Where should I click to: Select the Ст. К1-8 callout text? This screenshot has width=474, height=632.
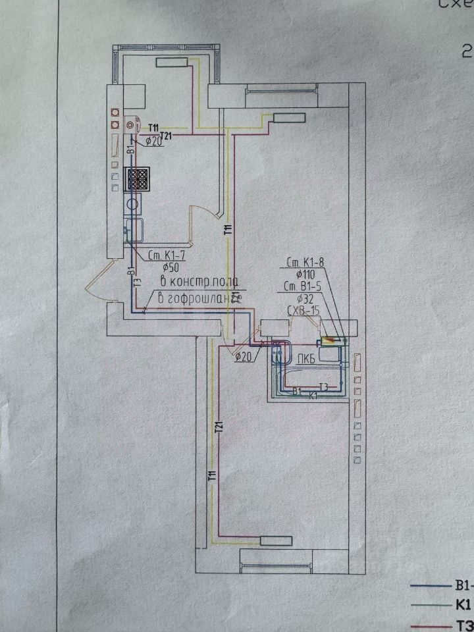coord(305,263)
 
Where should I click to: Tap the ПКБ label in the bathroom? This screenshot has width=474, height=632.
coord(305,358)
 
